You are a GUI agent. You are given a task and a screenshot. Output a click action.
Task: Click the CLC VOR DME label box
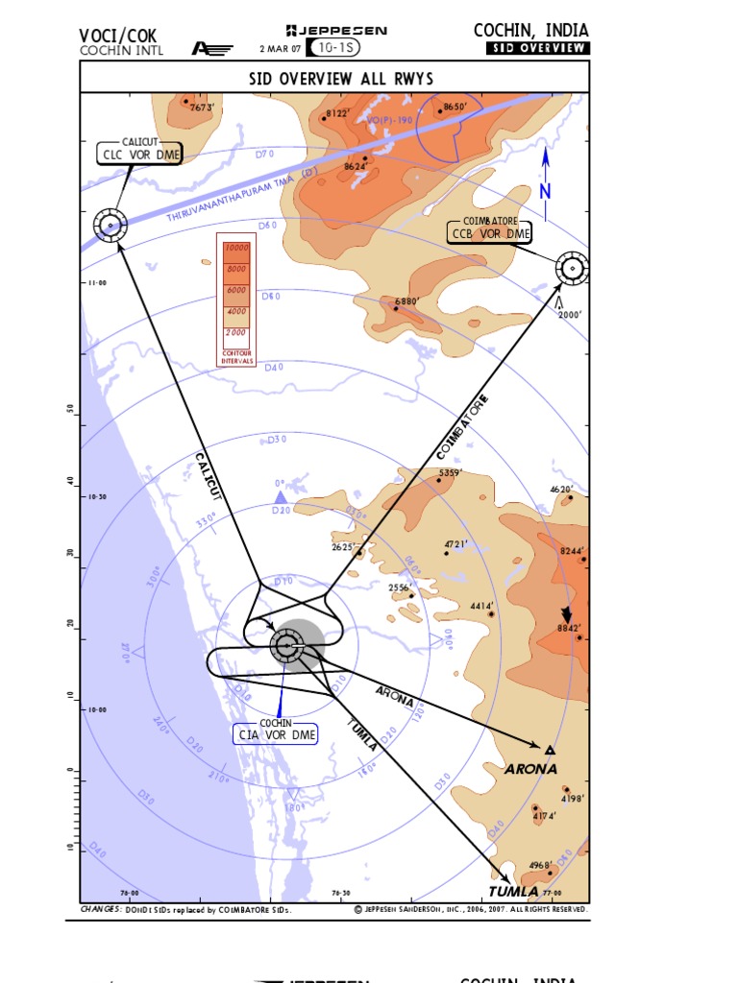coord(140,155)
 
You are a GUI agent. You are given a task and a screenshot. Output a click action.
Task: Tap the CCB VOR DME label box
coord(491,233)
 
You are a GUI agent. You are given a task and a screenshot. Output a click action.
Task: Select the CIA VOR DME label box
coord(276,734)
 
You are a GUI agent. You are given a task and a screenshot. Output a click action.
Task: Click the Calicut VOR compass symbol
coord(110,227)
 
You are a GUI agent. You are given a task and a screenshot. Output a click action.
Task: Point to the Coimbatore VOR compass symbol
coord(573,269)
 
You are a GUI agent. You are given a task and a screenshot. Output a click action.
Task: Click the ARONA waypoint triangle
coord(550,749)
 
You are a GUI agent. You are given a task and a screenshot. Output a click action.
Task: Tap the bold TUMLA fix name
coord(513,892)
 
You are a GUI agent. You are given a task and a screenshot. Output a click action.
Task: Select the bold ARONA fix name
coord(530,769)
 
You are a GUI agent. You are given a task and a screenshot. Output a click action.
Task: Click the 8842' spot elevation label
coord(571,628)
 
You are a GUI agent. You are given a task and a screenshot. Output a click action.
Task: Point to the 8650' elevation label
coord(455,107)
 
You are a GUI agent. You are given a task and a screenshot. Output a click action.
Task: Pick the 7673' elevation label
coord(201,108)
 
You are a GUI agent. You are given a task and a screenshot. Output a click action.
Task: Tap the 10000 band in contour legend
coord(235,249)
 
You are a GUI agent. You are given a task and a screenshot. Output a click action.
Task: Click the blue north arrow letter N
coord(545,192)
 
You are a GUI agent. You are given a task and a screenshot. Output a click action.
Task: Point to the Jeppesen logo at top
coord(336,31)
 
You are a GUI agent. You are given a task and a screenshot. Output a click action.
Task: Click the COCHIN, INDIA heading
coord(530,31)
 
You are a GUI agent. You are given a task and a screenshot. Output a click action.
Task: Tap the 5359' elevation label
coord(451,473)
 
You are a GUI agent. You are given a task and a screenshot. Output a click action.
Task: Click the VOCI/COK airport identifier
coord(117,36)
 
